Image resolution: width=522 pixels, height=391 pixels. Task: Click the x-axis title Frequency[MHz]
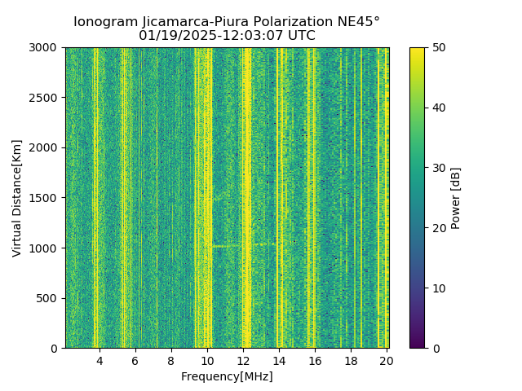pos(227,376)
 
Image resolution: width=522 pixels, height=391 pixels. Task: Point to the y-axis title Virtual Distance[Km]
pos(16,198)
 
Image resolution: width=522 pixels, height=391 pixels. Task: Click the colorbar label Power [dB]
pos(456,198)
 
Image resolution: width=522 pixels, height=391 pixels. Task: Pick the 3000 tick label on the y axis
pos(46,47)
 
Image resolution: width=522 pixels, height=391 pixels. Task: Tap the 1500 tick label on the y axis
pos(46,198)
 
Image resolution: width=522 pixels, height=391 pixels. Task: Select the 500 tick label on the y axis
pos(49,298)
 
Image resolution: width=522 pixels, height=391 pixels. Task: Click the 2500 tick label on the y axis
pos(46,98)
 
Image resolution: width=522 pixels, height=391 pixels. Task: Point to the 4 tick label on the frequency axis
pos(100,360)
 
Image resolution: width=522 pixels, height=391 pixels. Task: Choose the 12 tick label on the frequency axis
pos(243,360)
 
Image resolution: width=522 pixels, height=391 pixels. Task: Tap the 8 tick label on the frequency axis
pos(171,360)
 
